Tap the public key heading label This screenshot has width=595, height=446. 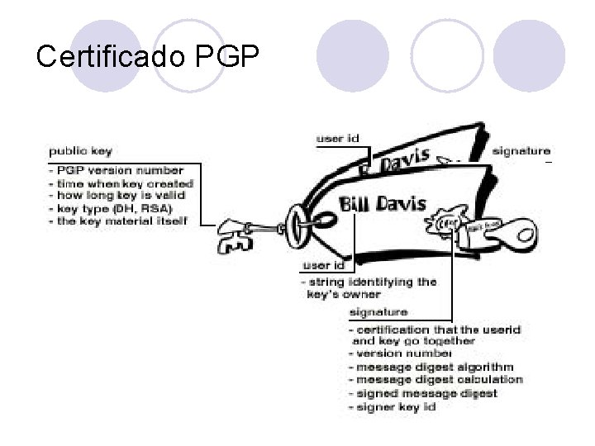[80, 151]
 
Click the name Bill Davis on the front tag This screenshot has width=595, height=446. [383, 203]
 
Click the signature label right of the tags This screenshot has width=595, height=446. [521, 151]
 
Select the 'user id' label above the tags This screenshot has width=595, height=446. [337, 138]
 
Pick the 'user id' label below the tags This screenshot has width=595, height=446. [323, 266]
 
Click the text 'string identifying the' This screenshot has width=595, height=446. [372, 282]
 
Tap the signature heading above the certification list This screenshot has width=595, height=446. [378, 312]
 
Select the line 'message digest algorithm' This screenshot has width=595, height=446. [435, 368]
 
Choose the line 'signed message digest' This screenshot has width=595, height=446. [426, 393]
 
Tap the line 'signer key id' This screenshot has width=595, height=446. [394, 406]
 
